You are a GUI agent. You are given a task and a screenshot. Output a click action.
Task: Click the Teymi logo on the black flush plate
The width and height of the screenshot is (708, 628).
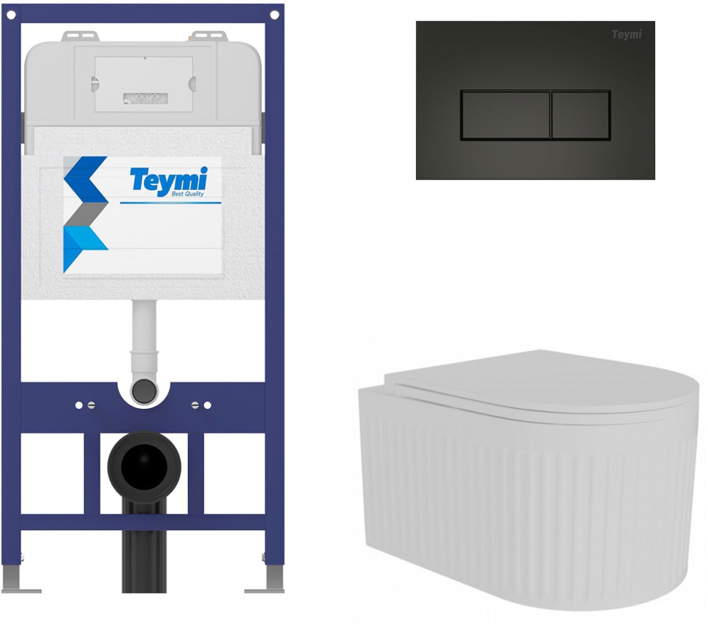coord(626,34)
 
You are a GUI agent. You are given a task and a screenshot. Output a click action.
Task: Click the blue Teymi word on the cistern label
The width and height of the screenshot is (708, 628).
coord(169,179)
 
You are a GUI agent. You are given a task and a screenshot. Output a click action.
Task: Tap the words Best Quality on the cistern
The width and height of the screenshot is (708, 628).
coord(187,194)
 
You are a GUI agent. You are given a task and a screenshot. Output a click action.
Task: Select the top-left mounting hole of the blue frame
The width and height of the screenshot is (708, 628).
coord(11,15)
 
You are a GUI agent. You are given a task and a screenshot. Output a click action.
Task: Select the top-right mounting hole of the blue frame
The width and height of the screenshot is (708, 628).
coord(275,15)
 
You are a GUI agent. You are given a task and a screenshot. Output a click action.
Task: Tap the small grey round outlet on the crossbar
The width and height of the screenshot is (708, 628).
coord(144,390)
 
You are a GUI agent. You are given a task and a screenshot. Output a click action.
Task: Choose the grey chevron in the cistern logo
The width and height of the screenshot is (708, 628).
coord(86,214)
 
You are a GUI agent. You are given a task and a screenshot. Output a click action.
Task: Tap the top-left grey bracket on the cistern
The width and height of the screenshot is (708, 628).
coord(80,36)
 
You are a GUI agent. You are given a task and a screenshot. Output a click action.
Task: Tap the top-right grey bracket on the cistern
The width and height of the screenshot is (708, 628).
coord(209,36)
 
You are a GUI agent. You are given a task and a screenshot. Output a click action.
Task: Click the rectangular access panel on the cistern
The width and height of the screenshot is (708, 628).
coord(143,84)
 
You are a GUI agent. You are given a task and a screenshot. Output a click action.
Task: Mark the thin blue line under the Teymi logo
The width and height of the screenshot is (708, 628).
coord(170,203)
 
